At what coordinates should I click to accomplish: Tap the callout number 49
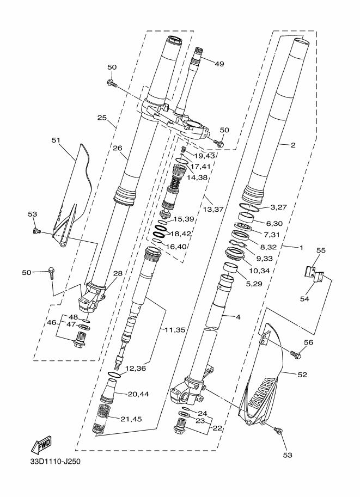[219, 64]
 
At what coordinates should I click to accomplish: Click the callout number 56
[308, 342]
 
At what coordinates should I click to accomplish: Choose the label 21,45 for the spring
[131, 419]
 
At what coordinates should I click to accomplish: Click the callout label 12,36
[136, 369]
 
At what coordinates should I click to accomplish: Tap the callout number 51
[56, 140]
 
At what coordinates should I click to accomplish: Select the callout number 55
[321, 250]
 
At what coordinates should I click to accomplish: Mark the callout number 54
[304, 298]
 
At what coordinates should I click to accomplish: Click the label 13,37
[213, 210]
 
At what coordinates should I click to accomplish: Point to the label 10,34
[259, 271]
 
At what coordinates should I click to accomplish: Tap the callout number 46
[51, 323]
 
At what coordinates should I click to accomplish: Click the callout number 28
[118, 273]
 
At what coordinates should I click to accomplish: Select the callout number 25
[102, 118]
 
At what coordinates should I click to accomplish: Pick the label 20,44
[138, 394]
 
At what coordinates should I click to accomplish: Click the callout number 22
[217, 428]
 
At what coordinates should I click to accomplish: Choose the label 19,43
[205, 156]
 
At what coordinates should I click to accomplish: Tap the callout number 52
[302, 375]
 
